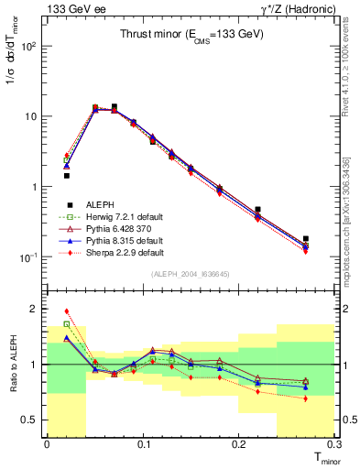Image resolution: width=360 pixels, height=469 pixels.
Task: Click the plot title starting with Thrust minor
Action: [192, 34]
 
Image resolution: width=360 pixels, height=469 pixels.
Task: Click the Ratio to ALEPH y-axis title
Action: [14, 365]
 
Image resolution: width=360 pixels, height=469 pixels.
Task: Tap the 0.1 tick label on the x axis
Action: [143, 444]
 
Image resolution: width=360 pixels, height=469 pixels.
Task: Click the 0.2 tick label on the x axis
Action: [238, 444]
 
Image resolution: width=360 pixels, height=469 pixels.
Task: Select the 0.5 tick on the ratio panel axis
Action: [35, 420]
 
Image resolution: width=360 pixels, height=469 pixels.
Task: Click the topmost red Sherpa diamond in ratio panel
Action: [66, 311]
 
